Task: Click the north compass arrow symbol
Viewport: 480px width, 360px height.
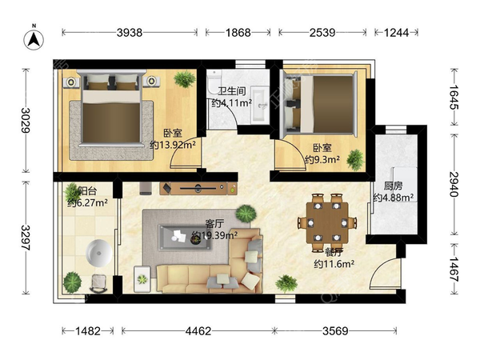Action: click(34, 39)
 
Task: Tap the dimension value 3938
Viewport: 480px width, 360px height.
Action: click(129, 32)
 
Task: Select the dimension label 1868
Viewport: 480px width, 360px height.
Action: click(238, 32)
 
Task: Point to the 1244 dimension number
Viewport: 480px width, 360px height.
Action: click(396, 32)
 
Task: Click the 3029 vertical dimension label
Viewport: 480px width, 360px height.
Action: click(26, 120)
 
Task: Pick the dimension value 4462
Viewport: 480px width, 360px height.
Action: click(198, 331)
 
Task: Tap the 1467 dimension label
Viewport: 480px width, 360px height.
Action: click(454, 270)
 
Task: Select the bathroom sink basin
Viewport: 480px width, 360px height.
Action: click(259, 105)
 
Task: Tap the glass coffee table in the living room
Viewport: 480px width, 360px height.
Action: click(185, 238)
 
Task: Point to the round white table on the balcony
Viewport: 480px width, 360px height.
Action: click(99, 253)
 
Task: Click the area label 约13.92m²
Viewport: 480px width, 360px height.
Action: click(173, 145)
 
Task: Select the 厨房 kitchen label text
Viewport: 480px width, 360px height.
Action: click(393, 186)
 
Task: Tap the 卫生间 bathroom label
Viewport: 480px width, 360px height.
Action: click(232, 91)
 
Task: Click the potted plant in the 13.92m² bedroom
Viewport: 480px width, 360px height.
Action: click(185, 79)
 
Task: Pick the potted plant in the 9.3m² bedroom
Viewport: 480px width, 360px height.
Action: click(355, 160)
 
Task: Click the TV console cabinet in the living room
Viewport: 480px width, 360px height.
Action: click(198, 189)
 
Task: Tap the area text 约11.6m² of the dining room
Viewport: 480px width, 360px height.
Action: click(334, 264)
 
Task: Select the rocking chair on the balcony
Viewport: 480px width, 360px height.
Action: click(98, 283)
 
